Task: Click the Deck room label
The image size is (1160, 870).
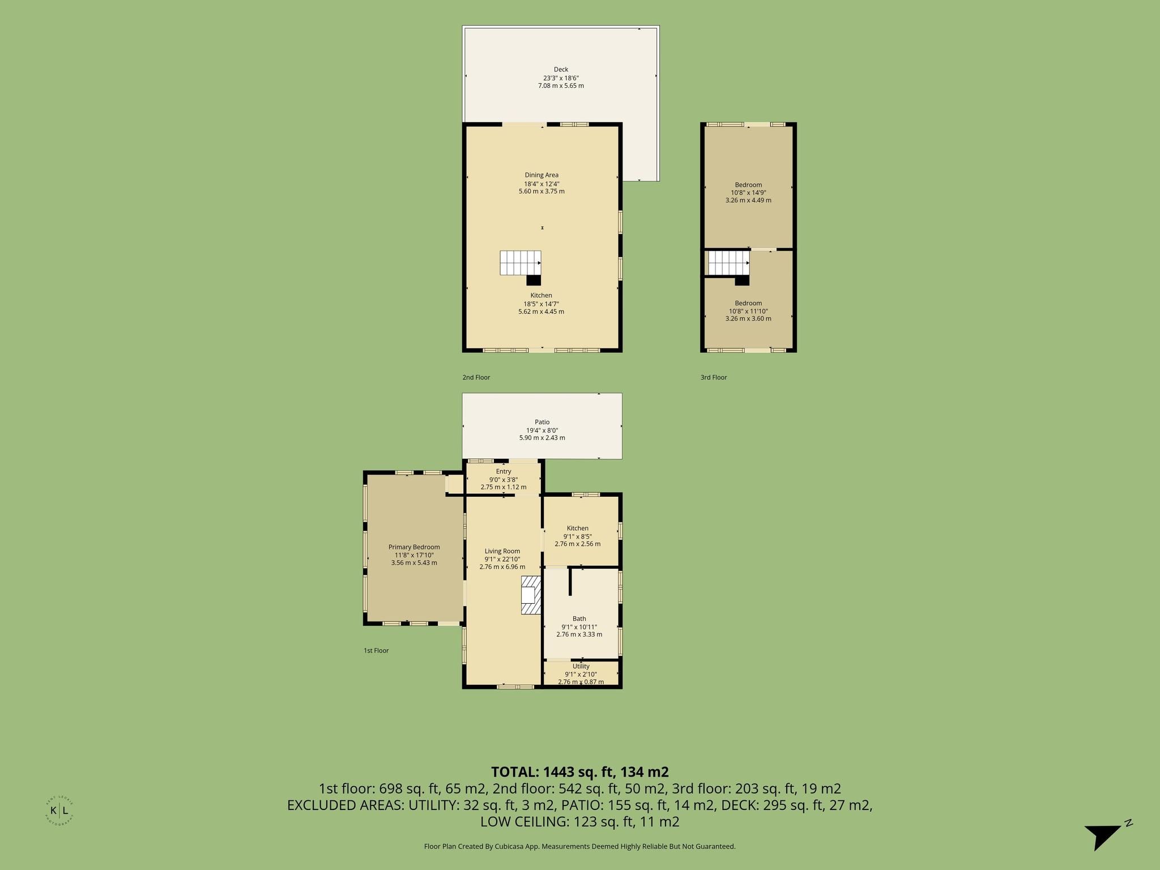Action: coord(561,70)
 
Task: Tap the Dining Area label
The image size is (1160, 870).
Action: coord(541,175)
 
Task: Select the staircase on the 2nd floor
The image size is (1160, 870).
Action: coord(521,268)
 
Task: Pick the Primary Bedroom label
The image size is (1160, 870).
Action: coord(414,547)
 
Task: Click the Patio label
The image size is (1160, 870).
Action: coord(542,422)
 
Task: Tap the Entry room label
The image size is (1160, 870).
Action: coord(504,471)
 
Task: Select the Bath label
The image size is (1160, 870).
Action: coord(579,619)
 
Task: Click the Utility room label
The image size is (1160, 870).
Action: coord(581,666)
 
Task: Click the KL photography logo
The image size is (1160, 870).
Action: coord(59,811)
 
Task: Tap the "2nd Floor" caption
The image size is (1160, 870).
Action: coord(476,377)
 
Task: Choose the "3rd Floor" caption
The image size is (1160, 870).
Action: coord(714,377)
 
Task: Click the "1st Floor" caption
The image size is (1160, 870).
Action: coord(376,651)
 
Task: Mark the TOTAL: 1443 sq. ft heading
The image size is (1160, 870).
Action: coord(580,772)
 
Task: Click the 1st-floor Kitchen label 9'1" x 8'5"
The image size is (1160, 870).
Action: coord(577,536)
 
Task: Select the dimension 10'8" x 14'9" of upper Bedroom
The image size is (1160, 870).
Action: coord(748,193)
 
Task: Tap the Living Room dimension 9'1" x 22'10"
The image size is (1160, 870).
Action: coord(502,559)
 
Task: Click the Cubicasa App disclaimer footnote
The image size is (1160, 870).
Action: coord(580,846)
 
